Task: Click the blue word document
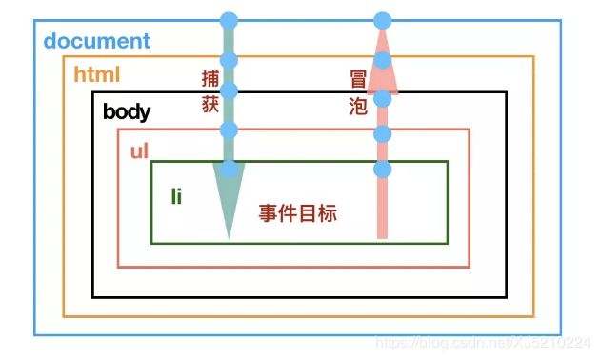coord(97,41)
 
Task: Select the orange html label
coord(97,73)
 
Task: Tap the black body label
coord(127,111)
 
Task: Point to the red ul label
coord(139,150)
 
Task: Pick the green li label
coord(176,196)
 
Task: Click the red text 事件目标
coord(297,213)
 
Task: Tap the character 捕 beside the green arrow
coord(210,78)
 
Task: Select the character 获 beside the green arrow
coord(210,105)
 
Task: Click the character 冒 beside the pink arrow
coord(358,79)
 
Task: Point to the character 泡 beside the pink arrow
coord(358,106)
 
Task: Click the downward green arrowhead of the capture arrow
coord(228,204)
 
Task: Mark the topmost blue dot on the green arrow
coord(229,20)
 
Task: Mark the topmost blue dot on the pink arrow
coord(382,20)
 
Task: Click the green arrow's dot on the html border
coord(229,60)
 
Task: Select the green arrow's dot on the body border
coord(229,91)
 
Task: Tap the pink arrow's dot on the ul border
coord(382,133)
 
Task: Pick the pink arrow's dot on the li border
coord(382,170)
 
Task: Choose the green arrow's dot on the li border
coord(229,170)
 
